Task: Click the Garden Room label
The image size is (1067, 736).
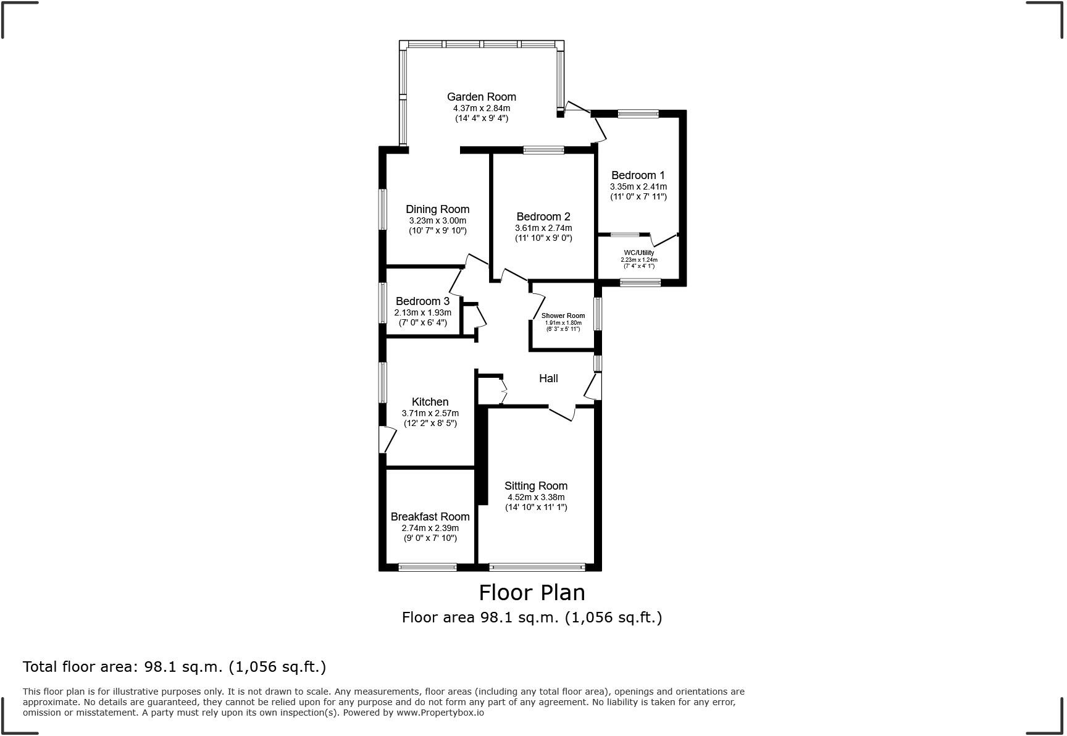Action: [x=482, y=97]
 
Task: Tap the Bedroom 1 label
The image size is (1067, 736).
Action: [x=638, y=175]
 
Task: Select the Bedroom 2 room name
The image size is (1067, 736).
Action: [x=543, y=217]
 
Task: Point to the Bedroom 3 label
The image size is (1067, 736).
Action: [x=422, y=301]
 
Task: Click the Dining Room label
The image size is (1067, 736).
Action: [x=437, y=209]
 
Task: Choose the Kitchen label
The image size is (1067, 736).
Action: [x=430, y=402]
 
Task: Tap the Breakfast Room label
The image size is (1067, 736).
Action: [x=430, y=517]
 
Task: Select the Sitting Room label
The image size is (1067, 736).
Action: [x=536, y=486]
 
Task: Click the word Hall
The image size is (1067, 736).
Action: [x=548, y=378]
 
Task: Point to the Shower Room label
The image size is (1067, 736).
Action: [x=563, y=316]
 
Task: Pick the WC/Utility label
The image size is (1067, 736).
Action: [x=639, y=253]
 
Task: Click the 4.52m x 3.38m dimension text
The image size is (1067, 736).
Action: [x=536, y=497]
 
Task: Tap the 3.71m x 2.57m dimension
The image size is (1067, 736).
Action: [x=430, y=413]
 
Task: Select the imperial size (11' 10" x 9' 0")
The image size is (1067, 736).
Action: [x=543, y=238]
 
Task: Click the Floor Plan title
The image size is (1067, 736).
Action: [x=532, y=593]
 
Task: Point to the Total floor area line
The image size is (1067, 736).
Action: [x=174, y=667]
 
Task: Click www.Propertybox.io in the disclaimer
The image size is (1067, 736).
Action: [x=440, y=713]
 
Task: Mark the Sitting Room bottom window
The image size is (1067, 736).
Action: [x=537, y=566]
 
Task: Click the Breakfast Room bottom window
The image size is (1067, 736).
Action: [x=427, y=566]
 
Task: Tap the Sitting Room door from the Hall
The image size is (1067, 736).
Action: [x=561, y=413]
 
